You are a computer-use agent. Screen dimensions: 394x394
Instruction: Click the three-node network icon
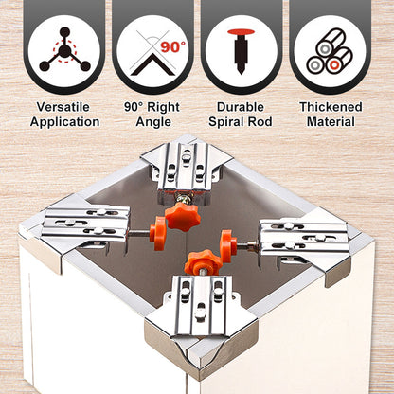[64, 48]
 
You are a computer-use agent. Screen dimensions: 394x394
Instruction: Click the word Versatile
[65, 107]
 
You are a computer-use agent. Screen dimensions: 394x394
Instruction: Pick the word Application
[65, 122]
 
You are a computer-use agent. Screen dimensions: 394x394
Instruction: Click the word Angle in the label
[152, 122]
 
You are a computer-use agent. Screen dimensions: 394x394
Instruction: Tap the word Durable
[241, 107]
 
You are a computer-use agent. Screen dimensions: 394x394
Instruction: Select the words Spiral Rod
[241, 122]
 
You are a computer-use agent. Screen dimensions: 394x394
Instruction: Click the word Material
[329, 122]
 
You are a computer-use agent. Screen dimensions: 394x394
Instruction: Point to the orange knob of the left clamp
[154, 231]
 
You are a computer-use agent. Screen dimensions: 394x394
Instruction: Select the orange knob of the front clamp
[202, 262]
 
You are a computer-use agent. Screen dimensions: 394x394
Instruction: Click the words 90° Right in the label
[152, 107]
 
